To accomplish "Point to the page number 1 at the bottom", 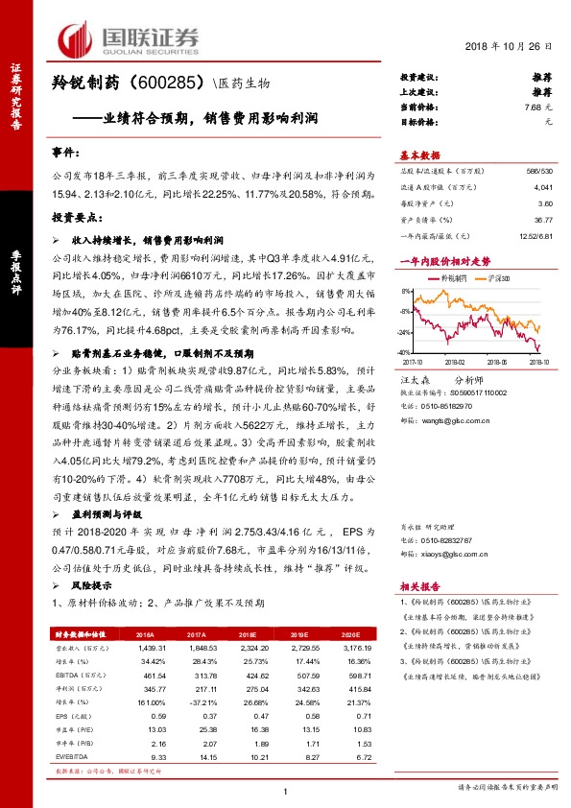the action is (285, 790).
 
